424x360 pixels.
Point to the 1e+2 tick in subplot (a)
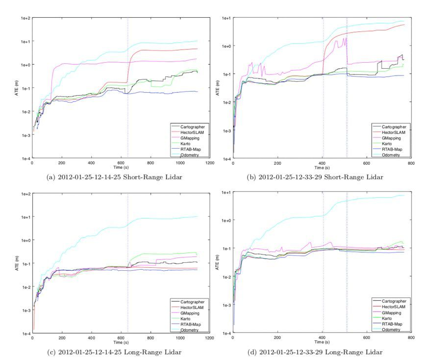(25, 18)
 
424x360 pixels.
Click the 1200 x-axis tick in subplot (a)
(210, 163)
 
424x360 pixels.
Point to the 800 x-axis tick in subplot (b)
(411, 163)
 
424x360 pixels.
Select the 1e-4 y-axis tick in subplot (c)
(25, 334)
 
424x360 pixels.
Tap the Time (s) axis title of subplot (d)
(322, 342)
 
